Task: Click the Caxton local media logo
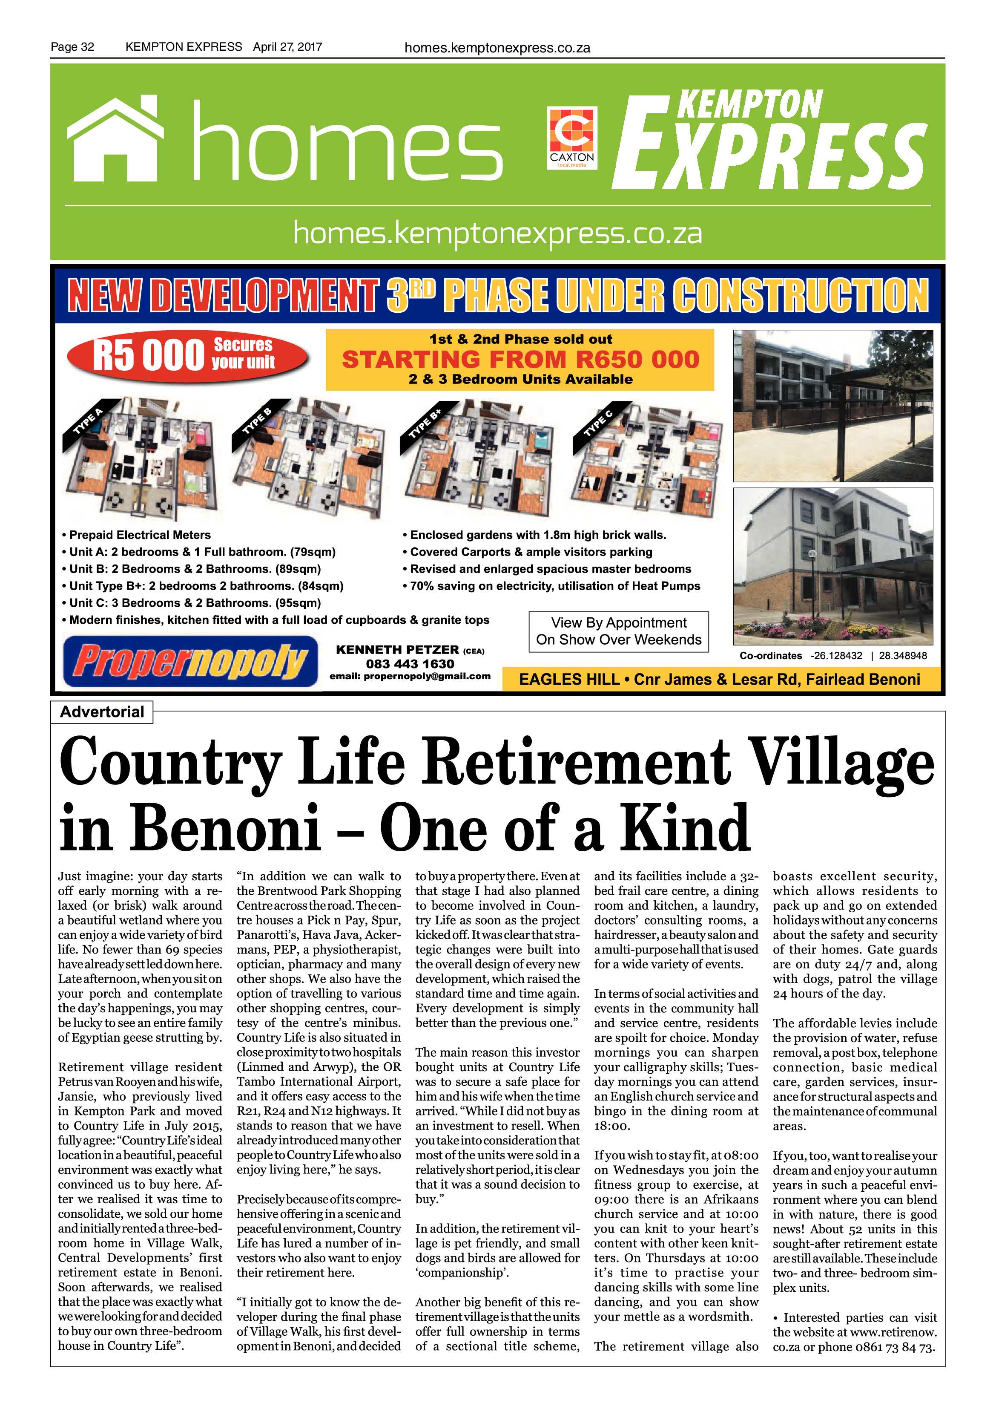[x=571, y=138]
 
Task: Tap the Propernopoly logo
[x=190, y=661]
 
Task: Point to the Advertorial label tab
[x=102, y=712]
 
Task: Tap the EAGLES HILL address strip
[x=719, y=679]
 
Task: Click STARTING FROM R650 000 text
[x=520, y=359]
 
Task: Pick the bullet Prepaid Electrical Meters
[x=139, y=535]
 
